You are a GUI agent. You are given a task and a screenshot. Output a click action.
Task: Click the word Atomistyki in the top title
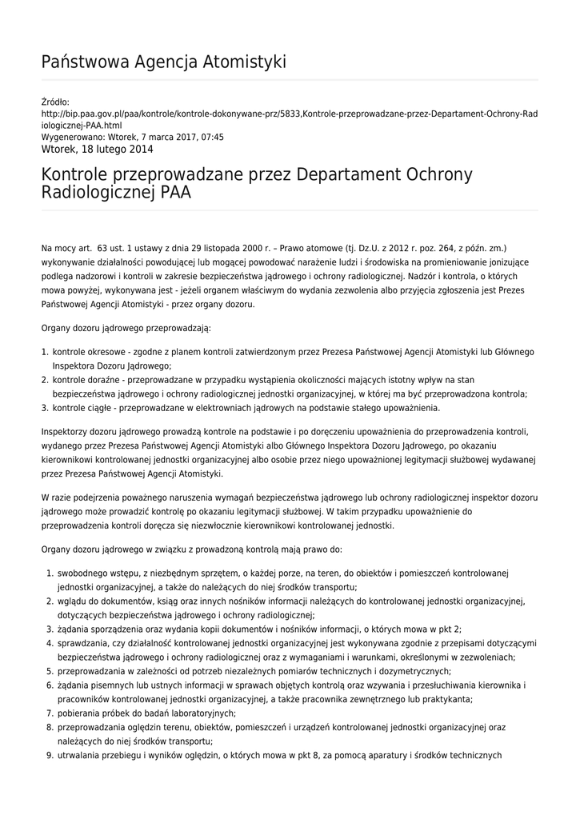coord(244,62)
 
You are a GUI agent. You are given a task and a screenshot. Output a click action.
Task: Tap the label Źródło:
coord(55,102)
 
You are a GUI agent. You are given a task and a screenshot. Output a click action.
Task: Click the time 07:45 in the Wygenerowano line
coord(211,137)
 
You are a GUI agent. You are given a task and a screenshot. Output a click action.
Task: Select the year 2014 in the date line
coord(139,149)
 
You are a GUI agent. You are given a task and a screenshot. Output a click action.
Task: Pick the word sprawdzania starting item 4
coord(83,643)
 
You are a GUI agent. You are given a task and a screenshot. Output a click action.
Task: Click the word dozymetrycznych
coord(410,671)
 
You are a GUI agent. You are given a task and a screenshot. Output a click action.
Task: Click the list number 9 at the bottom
coord(48,754)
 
